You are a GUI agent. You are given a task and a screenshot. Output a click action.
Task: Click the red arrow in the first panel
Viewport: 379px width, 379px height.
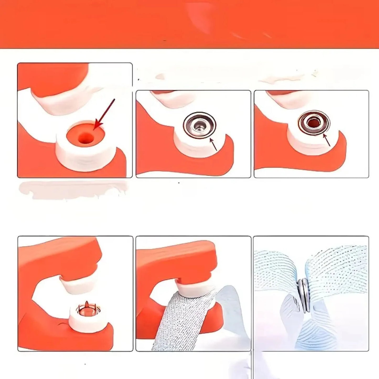click(x=105, y=114)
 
